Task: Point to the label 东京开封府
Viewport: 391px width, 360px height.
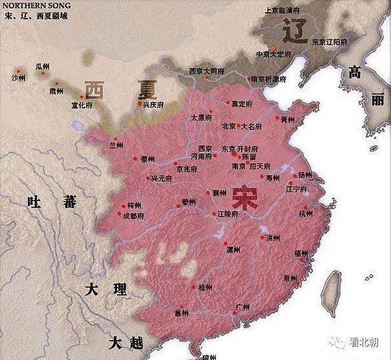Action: [240, 148]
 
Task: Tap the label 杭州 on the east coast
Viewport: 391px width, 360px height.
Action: [305, 213]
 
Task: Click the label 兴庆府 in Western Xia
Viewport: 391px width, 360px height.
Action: [154, 104]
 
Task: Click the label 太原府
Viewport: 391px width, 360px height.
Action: [202, 118]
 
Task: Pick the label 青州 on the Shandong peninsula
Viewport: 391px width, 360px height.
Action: [288, 120]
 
